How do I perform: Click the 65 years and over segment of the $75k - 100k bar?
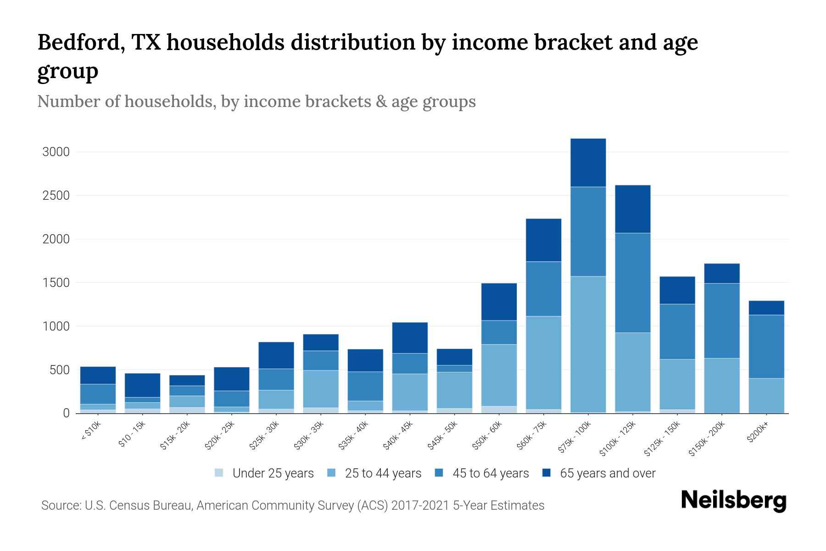pyautogui.click(x=588, y=163)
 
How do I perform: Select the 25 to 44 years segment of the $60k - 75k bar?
pyautogui.click(x=543, y=362)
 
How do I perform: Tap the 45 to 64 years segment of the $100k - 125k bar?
pyautogui.click(x=632, y=283)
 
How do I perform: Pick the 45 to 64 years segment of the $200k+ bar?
pyautogui.click(x=766, y=347)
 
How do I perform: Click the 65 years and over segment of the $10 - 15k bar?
pyautogui.click(x=142, y=385)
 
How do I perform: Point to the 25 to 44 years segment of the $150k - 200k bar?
pyautogui.click(x=721, y=385)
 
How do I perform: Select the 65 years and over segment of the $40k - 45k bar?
pyautogui.click(x=410, y=337)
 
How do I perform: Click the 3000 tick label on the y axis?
pyautogui.click(x=56, y=152)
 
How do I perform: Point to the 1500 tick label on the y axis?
pyautogui.click(x=56, y=283)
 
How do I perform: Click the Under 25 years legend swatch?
pyautogui.click(x=219, y=473)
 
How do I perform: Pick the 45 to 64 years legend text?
pyautogui.click(x=491, y=473)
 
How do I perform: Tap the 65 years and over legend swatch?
pyautogui.click(x=547, y=473)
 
